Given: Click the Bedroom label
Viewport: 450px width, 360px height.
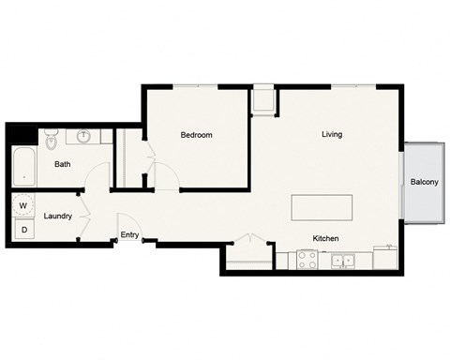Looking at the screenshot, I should click(x=196, y=135).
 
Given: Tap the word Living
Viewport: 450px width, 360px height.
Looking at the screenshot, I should click(x=332, y=134).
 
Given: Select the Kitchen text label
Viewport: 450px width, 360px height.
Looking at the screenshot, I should click(x=325, y=238).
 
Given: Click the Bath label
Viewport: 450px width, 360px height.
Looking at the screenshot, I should click(x=62, y=164).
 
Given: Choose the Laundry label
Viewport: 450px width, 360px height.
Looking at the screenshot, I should click(x=58, y=216).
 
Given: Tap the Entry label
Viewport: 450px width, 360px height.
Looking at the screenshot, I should click(x=129, y=235).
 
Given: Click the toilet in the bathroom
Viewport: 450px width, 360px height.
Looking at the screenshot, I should click(x=52, y=142).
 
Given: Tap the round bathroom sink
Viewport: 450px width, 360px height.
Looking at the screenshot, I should click(x=84, y=137).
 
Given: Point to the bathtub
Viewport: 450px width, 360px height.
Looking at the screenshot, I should click(x=22, y=167).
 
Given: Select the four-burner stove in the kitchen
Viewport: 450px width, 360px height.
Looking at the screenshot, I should click(x=308, y=260).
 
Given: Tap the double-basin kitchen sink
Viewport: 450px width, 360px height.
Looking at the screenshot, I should click(x=346, y=260).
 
